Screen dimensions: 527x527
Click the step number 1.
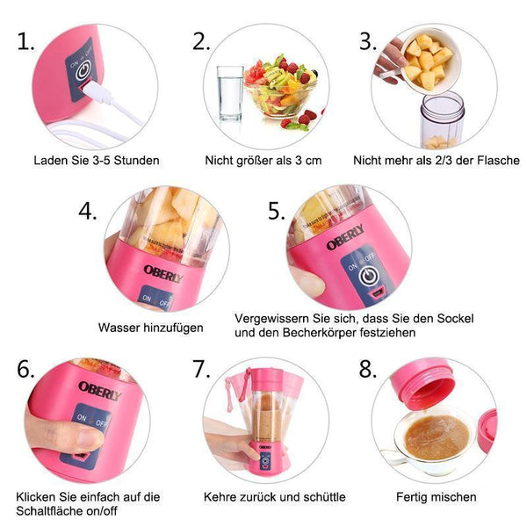point(25,42)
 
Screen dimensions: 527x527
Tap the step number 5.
point(277,212)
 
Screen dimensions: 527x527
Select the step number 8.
point(368,369)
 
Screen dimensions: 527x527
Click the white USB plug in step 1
point(97,91)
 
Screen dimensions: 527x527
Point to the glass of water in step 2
point(230,93)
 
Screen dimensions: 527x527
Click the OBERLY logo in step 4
point(163,273)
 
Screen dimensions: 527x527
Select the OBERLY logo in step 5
point(345,237)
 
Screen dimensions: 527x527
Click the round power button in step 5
point(369,277)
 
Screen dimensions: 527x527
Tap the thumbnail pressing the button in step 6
point(89,439)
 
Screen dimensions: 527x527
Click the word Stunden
point(136,161)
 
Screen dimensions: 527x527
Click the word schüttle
point(324,497)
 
